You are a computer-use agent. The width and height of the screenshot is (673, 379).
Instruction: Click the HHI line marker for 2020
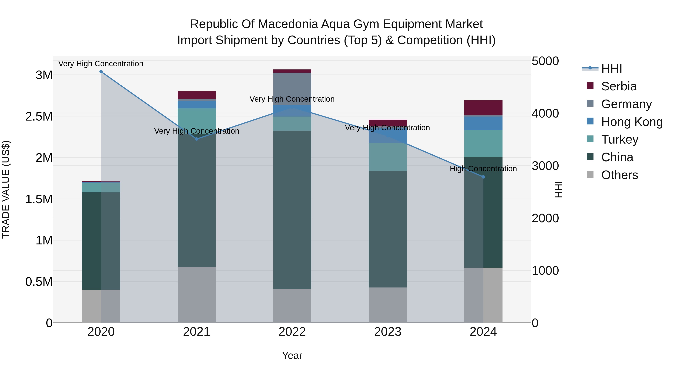pyautogui.click(x=101, y=72)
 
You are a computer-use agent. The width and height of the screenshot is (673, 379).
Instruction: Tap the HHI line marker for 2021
pyautogui.click(x=197, y=139)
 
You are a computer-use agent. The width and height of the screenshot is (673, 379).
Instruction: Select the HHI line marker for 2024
pyautogui.click(x=483, y=177)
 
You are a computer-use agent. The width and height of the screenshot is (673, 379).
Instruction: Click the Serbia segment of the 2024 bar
pyautogui.click(x=483, y=108)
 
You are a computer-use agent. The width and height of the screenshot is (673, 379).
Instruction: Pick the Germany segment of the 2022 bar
pyautogui.click(x=292, y=89)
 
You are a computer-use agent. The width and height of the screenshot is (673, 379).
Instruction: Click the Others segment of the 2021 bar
pyautogui.click(x=197, y=295)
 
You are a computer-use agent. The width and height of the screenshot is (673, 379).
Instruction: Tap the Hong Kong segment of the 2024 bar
pyautogui.click(x=483, y=123)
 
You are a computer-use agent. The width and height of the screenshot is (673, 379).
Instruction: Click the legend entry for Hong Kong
pyautogui.click(x=631, y=122)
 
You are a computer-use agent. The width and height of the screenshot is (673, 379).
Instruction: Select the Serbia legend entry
pyautogui.click(x=619, y=86)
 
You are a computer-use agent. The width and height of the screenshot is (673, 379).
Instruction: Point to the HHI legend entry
pyautogui.click(x=611, y=69)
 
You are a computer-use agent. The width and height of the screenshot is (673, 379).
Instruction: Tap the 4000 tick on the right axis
pyautogui.click(x=545, y=114)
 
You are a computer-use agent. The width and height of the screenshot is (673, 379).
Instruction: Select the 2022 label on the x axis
pyautogui.click(x=292, y=332)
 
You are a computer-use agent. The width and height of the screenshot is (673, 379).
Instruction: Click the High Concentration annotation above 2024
pyautogui.click(x=483, y=169)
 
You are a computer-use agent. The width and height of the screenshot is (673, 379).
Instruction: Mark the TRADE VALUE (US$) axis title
pyautogui.click(x=6, y=189)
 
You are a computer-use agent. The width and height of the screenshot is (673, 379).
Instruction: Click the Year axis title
pyautogui.click(x=292, y=355)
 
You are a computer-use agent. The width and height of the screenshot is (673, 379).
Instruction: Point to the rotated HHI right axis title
pyautogui.click(x=558, y=189)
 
